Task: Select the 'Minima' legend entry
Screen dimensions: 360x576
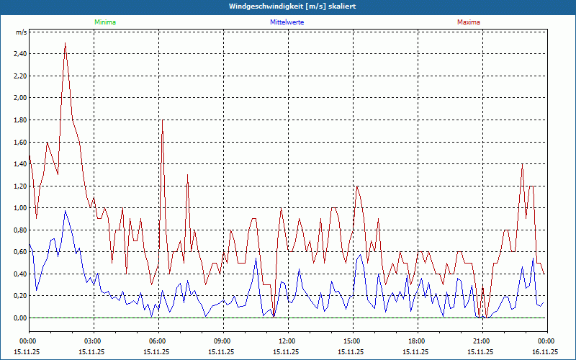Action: pyautogui.click(x=104, y=22)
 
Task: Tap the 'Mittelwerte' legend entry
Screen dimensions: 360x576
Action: pyautogui.click(x=287, y=22)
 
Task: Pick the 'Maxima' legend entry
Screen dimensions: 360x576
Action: pyautogui.click(x=469, y=22)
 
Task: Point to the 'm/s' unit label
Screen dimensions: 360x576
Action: pyautogui.click(x=22, y=32)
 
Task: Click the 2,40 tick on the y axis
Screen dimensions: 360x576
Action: pyautogui.click(x=19, y=54)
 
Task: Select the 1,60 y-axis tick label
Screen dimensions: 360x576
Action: pyautogui.click(x=19, y=142)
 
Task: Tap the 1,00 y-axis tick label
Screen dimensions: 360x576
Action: pyautogui.click(x=19, y=208)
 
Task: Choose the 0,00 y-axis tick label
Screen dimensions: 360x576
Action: pyautogui.click(x=19, y=318)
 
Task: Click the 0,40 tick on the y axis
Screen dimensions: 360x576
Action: pyautogui.click(x=19, y=274)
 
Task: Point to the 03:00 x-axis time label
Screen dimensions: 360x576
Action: pyautogui.click(x=93, y=341)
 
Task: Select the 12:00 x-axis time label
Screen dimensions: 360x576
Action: pyautogui.click(x=287, y=341)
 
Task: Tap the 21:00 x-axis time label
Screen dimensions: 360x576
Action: pyautogui.click(x=481, y=341)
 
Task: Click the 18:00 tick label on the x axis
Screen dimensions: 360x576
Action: pyautogui.click(x=416, y=341)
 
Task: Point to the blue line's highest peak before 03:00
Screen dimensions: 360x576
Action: pyautogui.click(x=66, y=210)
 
